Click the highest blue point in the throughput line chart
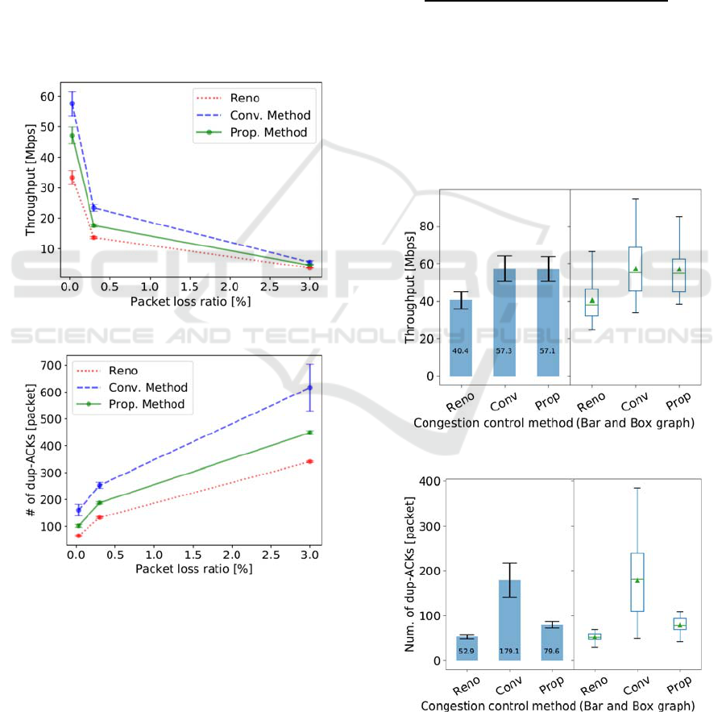(x=72, y=104)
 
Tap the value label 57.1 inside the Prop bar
(x=550, y=352)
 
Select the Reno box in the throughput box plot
(x=591, y=302)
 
